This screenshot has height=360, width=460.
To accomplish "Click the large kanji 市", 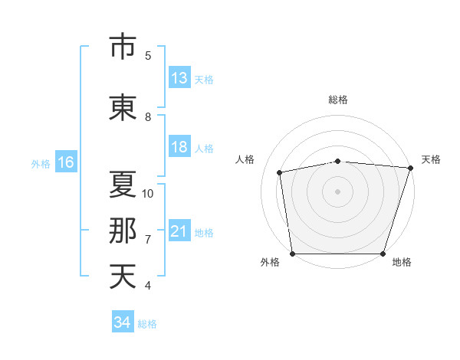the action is click(123, 46).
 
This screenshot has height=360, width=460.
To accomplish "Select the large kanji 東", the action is click(123, 107).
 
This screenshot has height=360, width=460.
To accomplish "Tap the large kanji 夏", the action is click(123, 184).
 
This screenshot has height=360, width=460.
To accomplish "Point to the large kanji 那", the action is click(123, 231).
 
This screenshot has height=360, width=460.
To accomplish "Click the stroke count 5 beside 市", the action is click(148, 55).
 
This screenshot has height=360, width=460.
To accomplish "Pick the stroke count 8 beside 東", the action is click(148, 117).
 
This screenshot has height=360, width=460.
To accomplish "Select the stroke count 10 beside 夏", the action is click(147, 194).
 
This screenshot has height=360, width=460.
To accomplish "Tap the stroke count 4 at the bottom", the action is click(148, 285).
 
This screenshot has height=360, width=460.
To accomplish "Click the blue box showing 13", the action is click(179, 77).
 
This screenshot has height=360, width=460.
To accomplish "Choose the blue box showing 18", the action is click(179, 146).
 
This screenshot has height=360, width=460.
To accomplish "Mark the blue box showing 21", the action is click(179, 230).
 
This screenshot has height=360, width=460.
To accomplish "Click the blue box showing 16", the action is click(66, 162).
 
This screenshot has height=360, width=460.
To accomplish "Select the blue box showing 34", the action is click(123, 321).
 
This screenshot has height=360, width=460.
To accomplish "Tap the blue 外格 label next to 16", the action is click(41, 164).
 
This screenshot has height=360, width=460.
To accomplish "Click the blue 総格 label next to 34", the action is click(147, 324).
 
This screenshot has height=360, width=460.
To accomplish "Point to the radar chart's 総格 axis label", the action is click(338, 100).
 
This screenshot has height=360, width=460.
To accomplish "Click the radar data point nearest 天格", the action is click(411, 168).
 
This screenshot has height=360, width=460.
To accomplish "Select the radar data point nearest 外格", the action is click(293, 254).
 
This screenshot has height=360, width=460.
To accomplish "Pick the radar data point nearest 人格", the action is click(280, 172).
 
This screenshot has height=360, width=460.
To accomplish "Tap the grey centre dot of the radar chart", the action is click(337, 191).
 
